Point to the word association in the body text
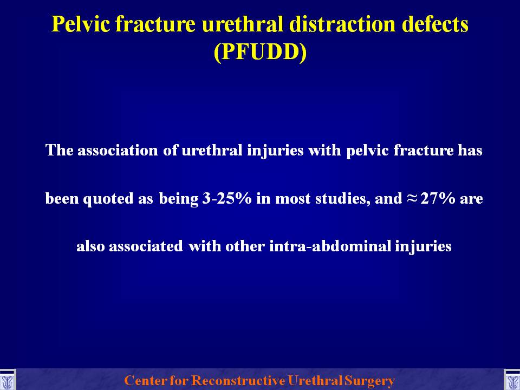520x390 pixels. pyautogui.click(x=118, y=150)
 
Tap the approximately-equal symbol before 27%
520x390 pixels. pyautogui.click(x=411, y=198)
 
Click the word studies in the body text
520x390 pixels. pyautogui.click(x=342, y=198)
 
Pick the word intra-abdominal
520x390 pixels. pyautogui.click(x=330, y=246)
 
